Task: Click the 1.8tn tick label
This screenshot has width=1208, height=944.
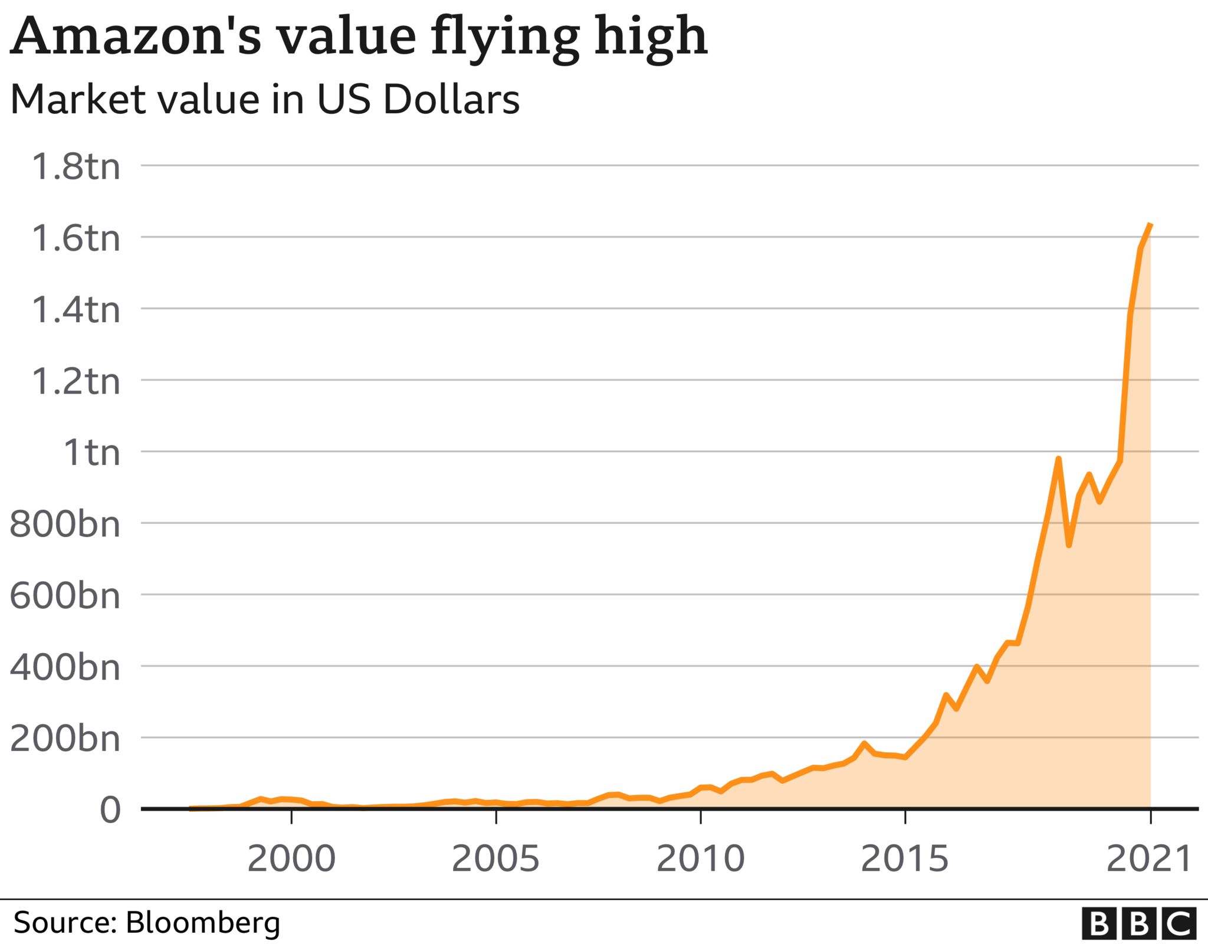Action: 75,166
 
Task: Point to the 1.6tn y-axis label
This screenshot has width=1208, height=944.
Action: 75,238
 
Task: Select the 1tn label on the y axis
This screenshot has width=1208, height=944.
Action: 91,453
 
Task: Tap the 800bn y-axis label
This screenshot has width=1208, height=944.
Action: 65,524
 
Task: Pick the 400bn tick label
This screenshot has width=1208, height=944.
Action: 65,667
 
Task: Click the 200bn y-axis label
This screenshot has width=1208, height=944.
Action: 65,739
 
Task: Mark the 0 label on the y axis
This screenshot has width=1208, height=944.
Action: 110,809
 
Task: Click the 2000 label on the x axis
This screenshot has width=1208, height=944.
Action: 291,859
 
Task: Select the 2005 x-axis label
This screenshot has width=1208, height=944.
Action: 495,859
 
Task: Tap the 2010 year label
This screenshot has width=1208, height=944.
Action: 701,859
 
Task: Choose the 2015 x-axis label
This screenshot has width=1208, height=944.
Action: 905,859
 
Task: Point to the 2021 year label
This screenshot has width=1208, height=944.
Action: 1150,859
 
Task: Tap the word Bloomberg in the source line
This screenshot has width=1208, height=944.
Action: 203,923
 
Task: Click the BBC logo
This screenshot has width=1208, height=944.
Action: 1139,924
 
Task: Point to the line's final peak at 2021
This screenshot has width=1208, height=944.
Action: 1150,225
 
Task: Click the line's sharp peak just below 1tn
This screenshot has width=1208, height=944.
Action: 1059,459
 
